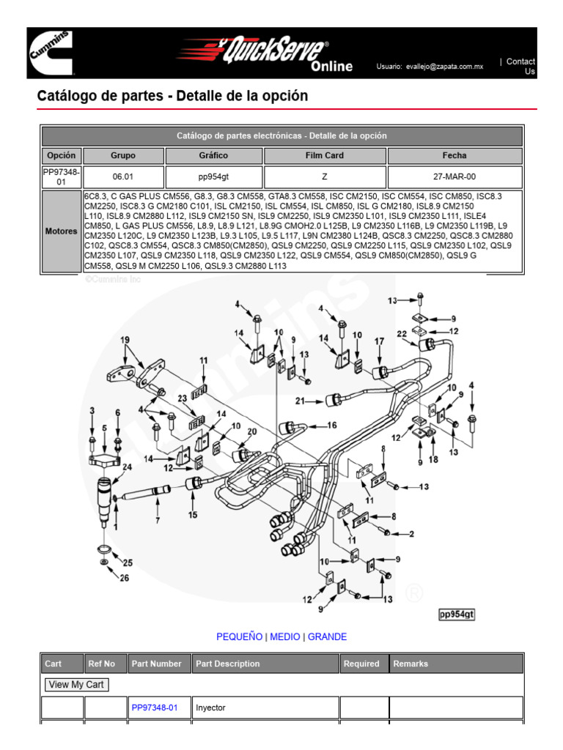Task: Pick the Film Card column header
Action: [325, 155]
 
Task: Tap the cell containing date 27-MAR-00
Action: [455, 177]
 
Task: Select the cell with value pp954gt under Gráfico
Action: [213, 177]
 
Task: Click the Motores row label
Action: [62, 231]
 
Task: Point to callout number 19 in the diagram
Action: [125, 340]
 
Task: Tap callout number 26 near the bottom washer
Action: [124, 579]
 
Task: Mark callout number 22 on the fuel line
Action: [402, 334]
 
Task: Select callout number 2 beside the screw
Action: [412, 533]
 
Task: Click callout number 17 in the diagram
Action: [379, 341]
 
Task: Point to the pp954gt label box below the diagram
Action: [456, 615]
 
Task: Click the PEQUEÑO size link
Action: [239, 636]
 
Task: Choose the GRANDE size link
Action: [327, 636]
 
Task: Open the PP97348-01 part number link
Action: [155, 708]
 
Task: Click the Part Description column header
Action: [227, 664]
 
